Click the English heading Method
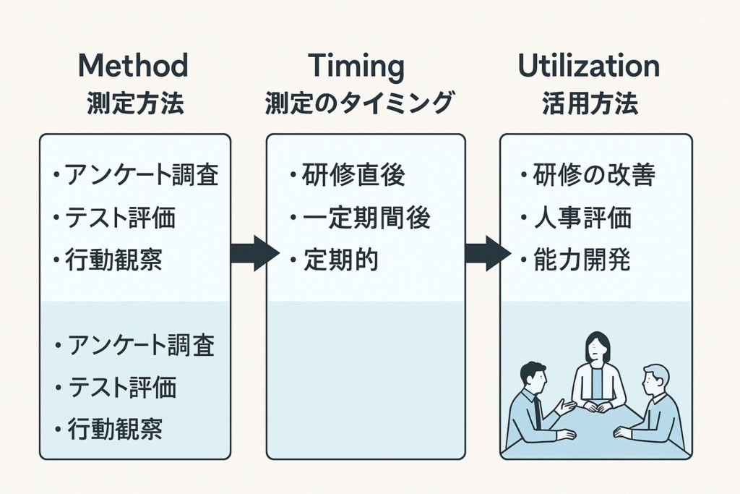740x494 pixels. pyautogui.click(x=134, y=65)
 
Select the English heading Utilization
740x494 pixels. pyautogui.click(x=589, y=65)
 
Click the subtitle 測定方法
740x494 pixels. pyautogui.click(x=135, y=103)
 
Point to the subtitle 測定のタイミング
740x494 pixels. pyautogui.click(x=359, y=103)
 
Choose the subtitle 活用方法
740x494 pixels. pyautogui.click(x=590, y=103)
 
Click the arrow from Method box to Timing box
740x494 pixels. pyautogui.click(x=255, y=254)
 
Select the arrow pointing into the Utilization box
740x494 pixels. pyautogui.click(x=488, y=254)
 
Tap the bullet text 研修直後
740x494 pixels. pyautogui.click(x=353, y=175)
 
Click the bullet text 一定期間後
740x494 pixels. pyautogui.click(x=366, y=218)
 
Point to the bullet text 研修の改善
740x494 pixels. pyautogui.click(x=594, y=175)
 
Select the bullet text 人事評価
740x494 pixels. pyautogui.click(x=582, y=218)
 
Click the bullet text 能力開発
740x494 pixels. pyautogui.click(x=582, y=259)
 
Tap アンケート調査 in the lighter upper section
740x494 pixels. pyautogui.click(x=142, y=175)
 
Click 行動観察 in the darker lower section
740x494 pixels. pyautogui.click(x=116, y=429)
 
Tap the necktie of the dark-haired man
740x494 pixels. pyautogui.click(x=537, y=412)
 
